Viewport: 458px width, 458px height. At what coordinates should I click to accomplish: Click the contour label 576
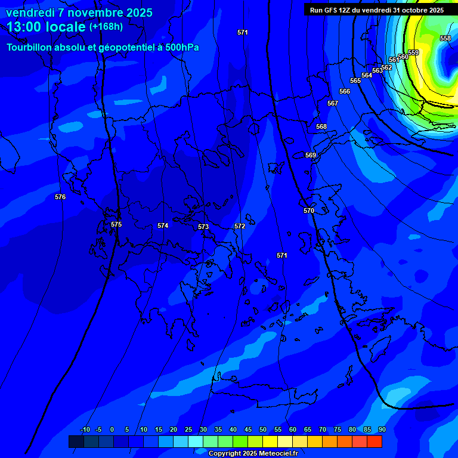(x=60, y=197)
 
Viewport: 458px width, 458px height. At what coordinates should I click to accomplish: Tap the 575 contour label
(x=116, y=225)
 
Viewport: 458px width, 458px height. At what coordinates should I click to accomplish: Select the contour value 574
(x=163, y=226)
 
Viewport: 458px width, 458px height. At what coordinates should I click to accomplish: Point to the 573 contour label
(x=203, y=227)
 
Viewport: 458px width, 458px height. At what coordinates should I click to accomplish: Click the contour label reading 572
(x=240, y=227)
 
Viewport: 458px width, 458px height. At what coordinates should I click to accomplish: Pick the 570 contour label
(x=308, y=211)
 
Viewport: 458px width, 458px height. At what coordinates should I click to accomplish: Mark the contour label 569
(x=311, y=156)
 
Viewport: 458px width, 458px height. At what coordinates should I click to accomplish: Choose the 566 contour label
(x=345, y=92)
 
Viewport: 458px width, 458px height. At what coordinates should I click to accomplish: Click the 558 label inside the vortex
(x=445, y=39)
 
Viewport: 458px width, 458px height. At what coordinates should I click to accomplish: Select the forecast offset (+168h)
(x=106, y=27)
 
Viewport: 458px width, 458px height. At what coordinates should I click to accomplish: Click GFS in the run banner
(x=333, y=10)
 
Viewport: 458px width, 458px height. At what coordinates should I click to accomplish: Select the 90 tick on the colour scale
(x=382, y=430)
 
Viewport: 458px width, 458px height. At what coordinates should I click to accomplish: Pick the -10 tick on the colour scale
(x=85, y=430)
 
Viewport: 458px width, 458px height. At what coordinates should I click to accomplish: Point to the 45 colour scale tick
(x=247, y=430)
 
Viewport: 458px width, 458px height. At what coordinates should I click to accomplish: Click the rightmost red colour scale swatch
(x=375, y=441)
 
